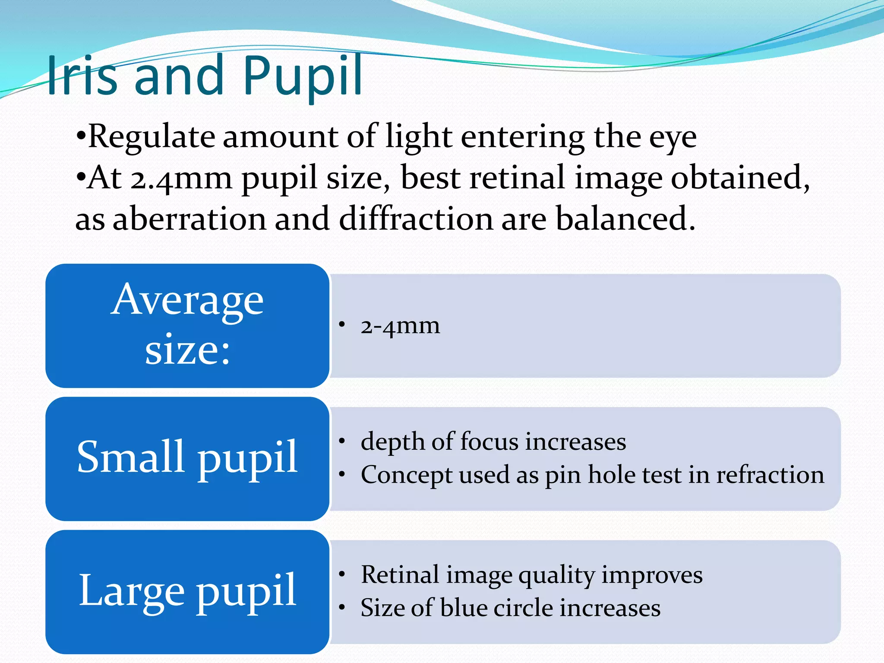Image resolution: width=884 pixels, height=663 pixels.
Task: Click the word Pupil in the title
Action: pyautogui.click(x=302, y=76)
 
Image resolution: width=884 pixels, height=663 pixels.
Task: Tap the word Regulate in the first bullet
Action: pyautogui.click(x=151, y=137)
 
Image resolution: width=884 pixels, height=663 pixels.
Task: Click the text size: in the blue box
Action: pyautogui.click(x=187, y=350)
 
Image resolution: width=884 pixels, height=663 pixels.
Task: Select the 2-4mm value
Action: pyautogui.click(x=400, y=326)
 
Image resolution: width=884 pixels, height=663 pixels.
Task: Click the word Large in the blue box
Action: pyautogui.click(x=132, y=590)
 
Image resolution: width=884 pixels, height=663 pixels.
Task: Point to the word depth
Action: pyautogui.click(x=392, y=442)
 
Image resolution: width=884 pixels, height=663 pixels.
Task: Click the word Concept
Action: pyautogui.click(x=406, y=475)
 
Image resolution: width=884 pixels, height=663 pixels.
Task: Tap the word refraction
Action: pyautogui.click(x=770, y=475)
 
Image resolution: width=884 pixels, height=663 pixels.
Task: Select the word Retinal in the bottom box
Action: pyautogui.click(x=400, y=575)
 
